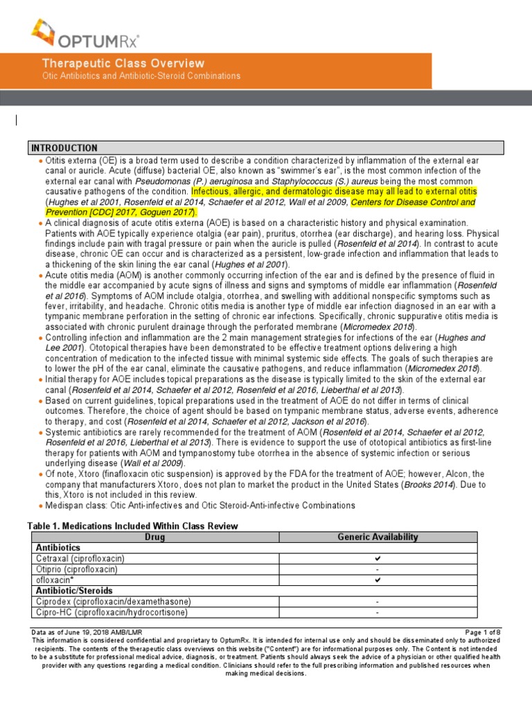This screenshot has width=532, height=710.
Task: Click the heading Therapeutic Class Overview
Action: point(123,63)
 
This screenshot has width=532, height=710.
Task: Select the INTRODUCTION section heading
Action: point(64,148)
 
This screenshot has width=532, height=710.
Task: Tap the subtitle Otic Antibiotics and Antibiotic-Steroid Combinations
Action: point(141,76)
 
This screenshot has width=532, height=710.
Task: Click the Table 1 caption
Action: point(132,526)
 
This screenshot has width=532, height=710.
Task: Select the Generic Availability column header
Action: point(378,537)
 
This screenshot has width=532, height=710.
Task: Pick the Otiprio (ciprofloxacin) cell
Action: point(77,569)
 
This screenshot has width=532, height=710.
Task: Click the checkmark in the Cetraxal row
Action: point(378,558)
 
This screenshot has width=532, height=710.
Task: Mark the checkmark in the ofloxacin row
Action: point(378,580)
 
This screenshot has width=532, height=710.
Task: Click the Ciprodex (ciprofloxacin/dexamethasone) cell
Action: point(113,601)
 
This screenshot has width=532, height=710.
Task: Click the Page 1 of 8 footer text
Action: point(483,632)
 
